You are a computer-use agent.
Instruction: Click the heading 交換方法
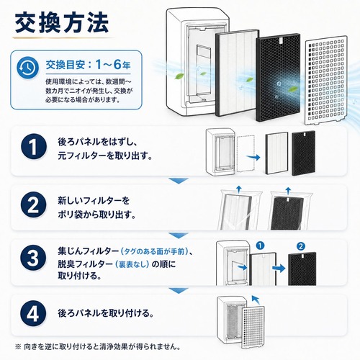tap(62, 23)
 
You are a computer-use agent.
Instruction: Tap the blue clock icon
tap(27, 68)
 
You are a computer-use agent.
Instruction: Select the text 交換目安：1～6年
tap(88, 64)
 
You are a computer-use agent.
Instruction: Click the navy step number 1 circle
tap(33, 146)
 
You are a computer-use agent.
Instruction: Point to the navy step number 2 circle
tap(33, 204)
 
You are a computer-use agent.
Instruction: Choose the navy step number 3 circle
tap(33, 258)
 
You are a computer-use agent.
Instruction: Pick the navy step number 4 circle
tap(33, 313)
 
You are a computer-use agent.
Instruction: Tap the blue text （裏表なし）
tap(132, 264)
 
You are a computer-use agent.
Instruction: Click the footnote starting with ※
tap(98, 346)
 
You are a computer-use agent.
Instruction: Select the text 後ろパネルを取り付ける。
tap(106, 313)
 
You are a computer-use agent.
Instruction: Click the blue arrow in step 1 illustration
tap(253, 158)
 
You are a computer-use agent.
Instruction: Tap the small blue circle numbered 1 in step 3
tap(260, 246)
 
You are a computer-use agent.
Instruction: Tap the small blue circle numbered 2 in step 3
tap(301, 246)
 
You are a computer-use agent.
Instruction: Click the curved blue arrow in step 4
tap(256, 300)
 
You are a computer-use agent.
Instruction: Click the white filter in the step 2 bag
tap(236, 212)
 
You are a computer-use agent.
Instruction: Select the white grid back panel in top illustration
tap(326, 81)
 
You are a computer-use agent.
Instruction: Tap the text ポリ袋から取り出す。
tap(96, 215)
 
